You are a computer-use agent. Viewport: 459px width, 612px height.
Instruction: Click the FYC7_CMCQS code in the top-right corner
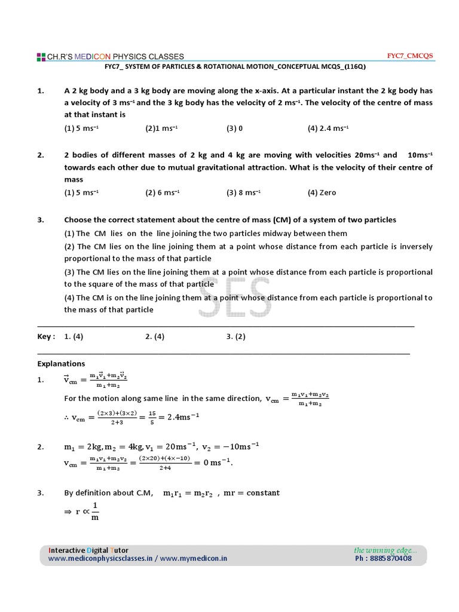411,56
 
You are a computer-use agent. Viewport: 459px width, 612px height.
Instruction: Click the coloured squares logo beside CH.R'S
41,57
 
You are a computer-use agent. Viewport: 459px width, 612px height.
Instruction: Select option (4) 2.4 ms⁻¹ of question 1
328,128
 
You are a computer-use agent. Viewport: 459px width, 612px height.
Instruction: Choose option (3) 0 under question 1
234,128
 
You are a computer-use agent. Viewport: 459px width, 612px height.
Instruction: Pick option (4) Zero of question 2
322,192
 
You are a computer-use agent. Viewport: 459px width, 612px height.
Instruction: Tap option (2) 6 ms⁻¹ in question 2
163,192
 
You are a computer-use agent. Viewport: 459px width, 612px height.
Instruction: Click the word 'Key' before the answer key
45,336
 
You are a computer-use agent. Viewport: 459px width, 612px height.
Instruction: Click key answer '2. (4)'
155,336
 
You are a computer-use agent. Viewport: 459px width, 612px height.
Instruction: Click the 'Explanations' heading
61,363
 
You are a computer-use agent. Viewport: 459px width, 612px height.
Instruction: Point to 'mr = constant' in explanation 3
251,493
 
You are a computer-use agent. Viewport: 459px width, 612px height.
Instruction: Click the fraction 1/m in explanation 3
94,510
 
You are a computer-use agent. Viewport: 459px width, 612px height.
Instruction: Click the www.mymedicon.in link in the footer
194,559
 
